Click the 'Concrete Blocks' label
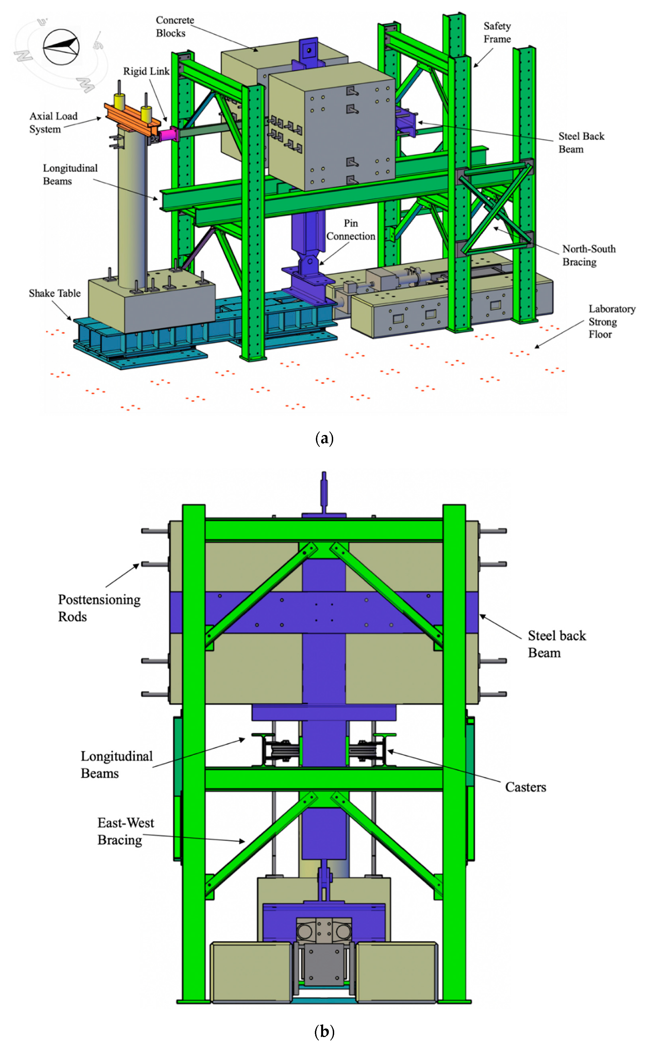(174, 27)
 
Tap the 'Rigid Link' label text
(146, 71)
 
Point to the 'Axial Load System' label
(53, 122)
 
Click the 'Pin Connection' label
(350, 230)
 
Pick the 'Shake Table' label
(54, 293)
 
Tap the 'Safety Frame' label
(497, 33)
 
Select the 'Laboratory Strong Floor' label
(611, 322)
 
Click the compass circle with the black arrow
(61, 47)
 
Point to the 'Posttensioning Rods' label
(99, 608)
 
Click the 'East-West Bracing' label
(125, 831)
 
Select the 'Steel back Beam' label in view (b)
(556, 644)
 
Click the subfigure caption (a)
(324, 438)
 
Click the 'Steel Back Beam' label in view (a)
(581, 143)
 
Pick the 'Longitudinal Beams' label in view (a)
(70, 174)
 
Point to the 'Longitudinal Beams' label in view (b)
(116, 765)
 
